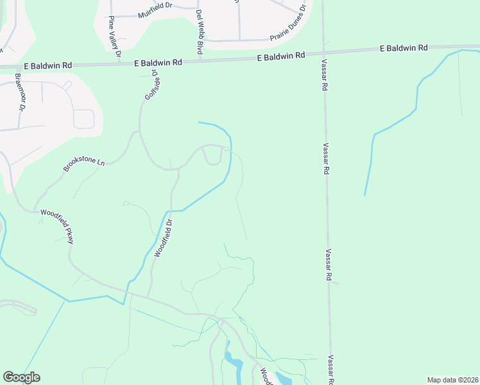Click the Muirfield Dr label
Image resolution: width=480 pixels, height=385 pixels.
pos(156,14)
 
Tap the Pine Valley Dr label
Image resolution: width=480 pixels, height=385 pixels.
pos(114,36)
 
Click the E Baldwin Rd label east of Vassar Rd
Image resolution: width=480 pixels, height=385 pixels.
pos(404,48)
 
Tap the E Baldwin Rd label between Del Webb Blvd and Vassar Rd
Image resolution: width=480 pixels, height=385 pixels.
pos(280,56)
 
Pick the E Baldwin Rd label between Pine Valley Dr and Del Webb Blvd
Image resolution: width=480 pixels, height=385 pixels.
pos(159,62)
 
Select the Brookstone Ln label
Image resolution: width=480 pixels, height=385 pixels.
pos(83,164)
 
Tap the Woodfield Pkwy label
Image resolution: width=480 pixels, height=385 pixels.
pos(58,226)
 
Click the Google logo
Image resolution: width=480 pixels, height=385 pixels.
pos(21,377)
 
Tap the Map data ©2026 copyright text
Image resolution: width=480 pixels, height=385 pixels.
pos(452,380)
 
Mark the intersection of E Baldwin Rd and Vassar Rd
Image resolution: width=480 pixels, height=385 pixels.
pos(322,53)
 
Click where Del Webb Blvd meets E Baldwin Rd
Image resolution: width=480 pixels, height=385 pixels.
pos(200,60)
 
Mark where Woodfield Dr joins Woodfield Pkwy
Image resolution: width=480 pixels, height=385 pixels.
pos(148,298)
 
